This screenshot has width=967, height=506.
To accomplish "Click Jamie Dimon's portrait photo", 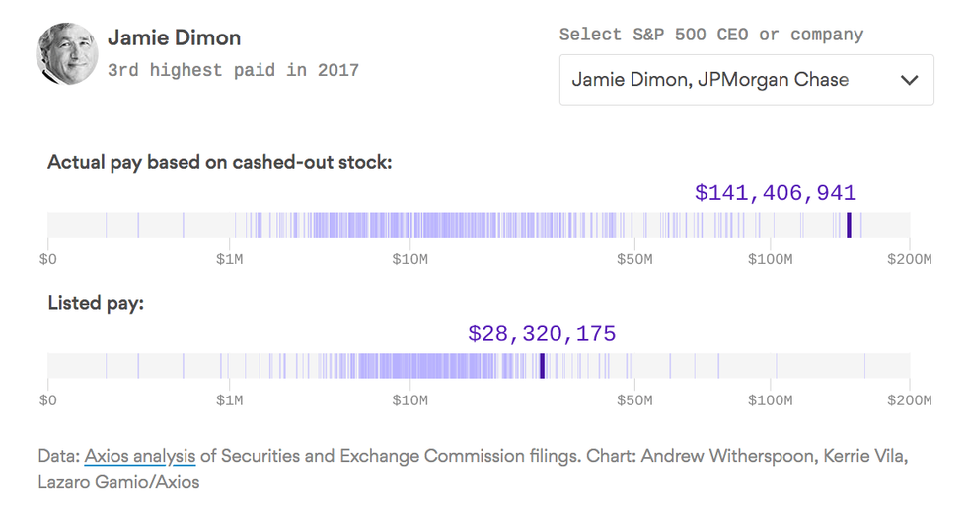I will pyautogui.click(x=67, y=53).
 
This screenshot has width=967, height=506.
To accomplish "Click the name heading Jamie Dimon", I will pyautogui.click(x=174, y=38).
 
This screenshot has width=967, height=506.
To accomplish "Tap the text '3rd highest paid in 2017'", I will pyautogui.click(x=233, y=70).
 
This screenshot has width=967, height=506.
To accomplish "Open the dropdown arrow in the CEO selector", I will pyautogui.click(x=909, y=80).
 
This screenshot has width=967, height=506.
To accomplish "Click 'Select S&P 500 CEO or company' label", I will pyautogui.click(x=710, y=35).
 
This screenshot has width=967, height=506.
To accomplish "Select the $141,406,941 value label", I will pyautogui.click(x=775, y=193).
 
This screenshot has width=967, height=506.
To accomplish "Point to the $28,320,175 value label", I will pyautogui.click(x=542, y=334).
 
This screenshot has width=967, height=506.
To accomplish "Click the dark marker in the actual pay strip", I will pyautogui.click(x=849, y=226).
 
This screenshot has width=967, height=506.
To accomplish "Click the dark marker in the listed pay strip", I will pyautogui.click(x=542, y=366).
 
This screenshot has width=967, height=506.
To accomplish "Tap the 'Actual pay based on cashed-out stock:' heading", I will pyautogui.click(x=220, y=162).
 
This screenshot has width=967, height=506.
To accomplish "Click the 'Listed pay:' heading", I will pyautogui.click(x=96, y=303).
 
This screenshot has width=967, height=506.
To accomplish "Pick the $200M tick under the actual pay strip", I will pyautogui.click(x=908, y=259).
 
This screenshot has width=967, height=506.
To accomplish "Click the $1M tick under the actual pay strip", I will pyautogui.click(x=231, y=259).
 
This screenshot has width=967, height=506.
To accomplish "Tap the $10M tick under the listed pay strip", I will pyautogui.click(x=409, y=400).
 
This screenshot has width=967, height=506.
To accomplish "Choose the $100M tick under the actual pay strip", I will pyautogui.click(x=770, y=259).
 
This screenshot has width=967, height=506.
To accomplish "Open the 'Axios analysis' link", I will pyautogui.click(x=140, y=456).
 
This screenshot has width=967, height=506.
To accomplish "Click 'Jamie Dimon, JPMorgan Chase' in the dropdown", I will pyautogui.click(x=710, y=80).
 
